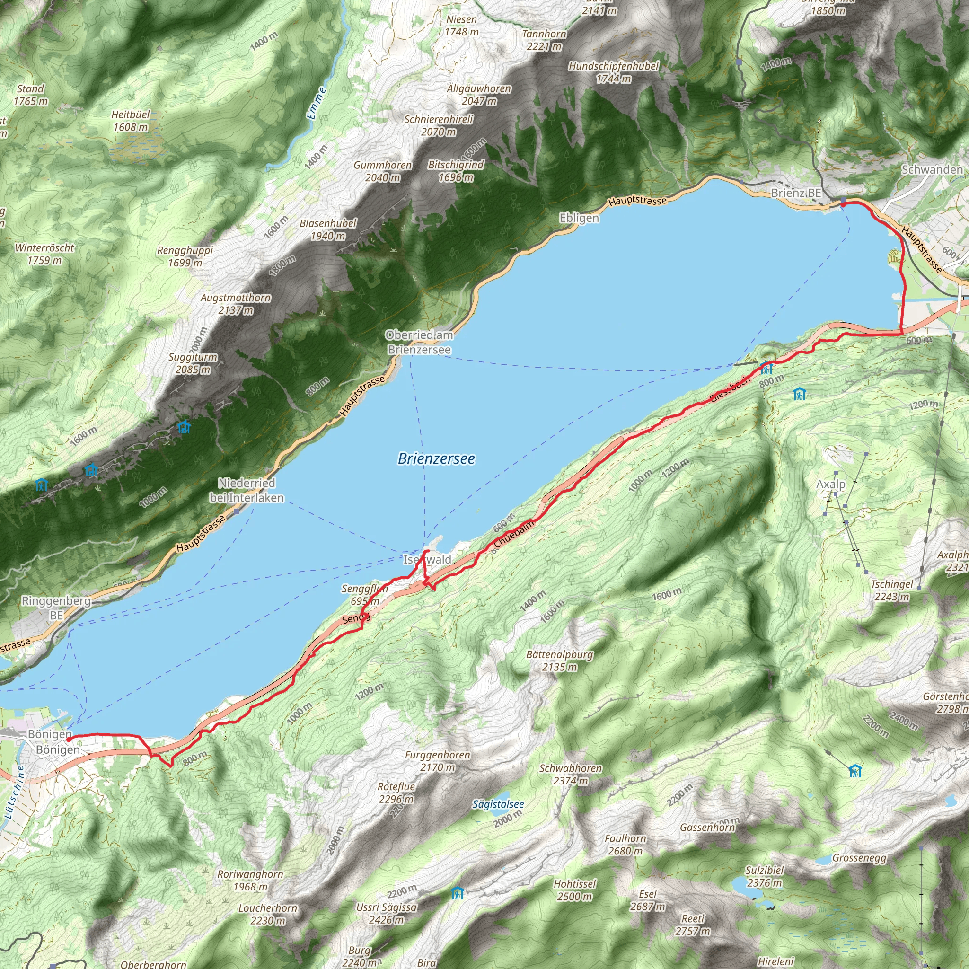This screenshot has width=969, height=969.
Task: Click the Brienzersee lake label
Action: (x=436, y=458)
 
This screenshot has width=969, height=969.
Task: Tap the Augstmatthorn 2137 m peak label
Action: (x=236, y=304)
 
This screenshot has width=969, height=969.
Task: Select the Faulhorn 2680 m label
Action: (x=625, y=845)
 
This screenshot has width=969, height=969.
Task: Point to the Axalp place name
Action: (x=830, y=484)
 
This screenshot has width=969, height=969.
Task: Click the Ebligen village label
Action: (x=579, y=218)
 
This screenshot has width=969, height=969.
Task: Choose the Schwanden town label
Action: (x=932, y=169)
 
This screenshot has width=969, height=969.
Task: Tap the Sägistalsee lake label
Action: (x=498, y=804)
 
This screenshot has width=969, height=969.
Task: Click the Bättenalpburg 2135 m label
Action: (x=559, y=661)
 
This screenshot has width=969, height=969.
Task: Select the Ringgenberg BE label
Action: (x=56, y=608)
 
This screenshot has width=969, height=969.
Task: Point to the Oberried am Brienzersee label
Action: (x=419, y=342)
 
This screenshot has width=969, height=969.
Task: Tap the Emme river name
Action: (x=317, y=104)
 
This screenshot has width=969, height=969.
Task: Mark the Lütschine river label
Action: (x=14, y=793)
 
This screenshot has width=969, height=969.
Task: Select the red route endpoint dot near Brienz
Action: (x=843, y=204)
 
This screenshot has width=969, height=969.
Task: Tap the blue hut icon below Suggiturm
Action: (x=184, y=427)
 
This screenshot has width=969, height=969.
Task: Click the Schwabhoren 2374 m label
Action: (x=570, y=775)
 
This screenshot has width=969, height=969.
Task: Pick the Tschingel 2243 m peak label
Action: (x=892, y=590)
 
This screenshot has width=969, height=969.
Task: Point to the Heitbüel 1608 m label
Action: (x=131, y=121)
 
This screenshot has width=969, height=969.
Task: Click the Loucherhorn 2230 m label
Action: (x=268, y=914)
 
